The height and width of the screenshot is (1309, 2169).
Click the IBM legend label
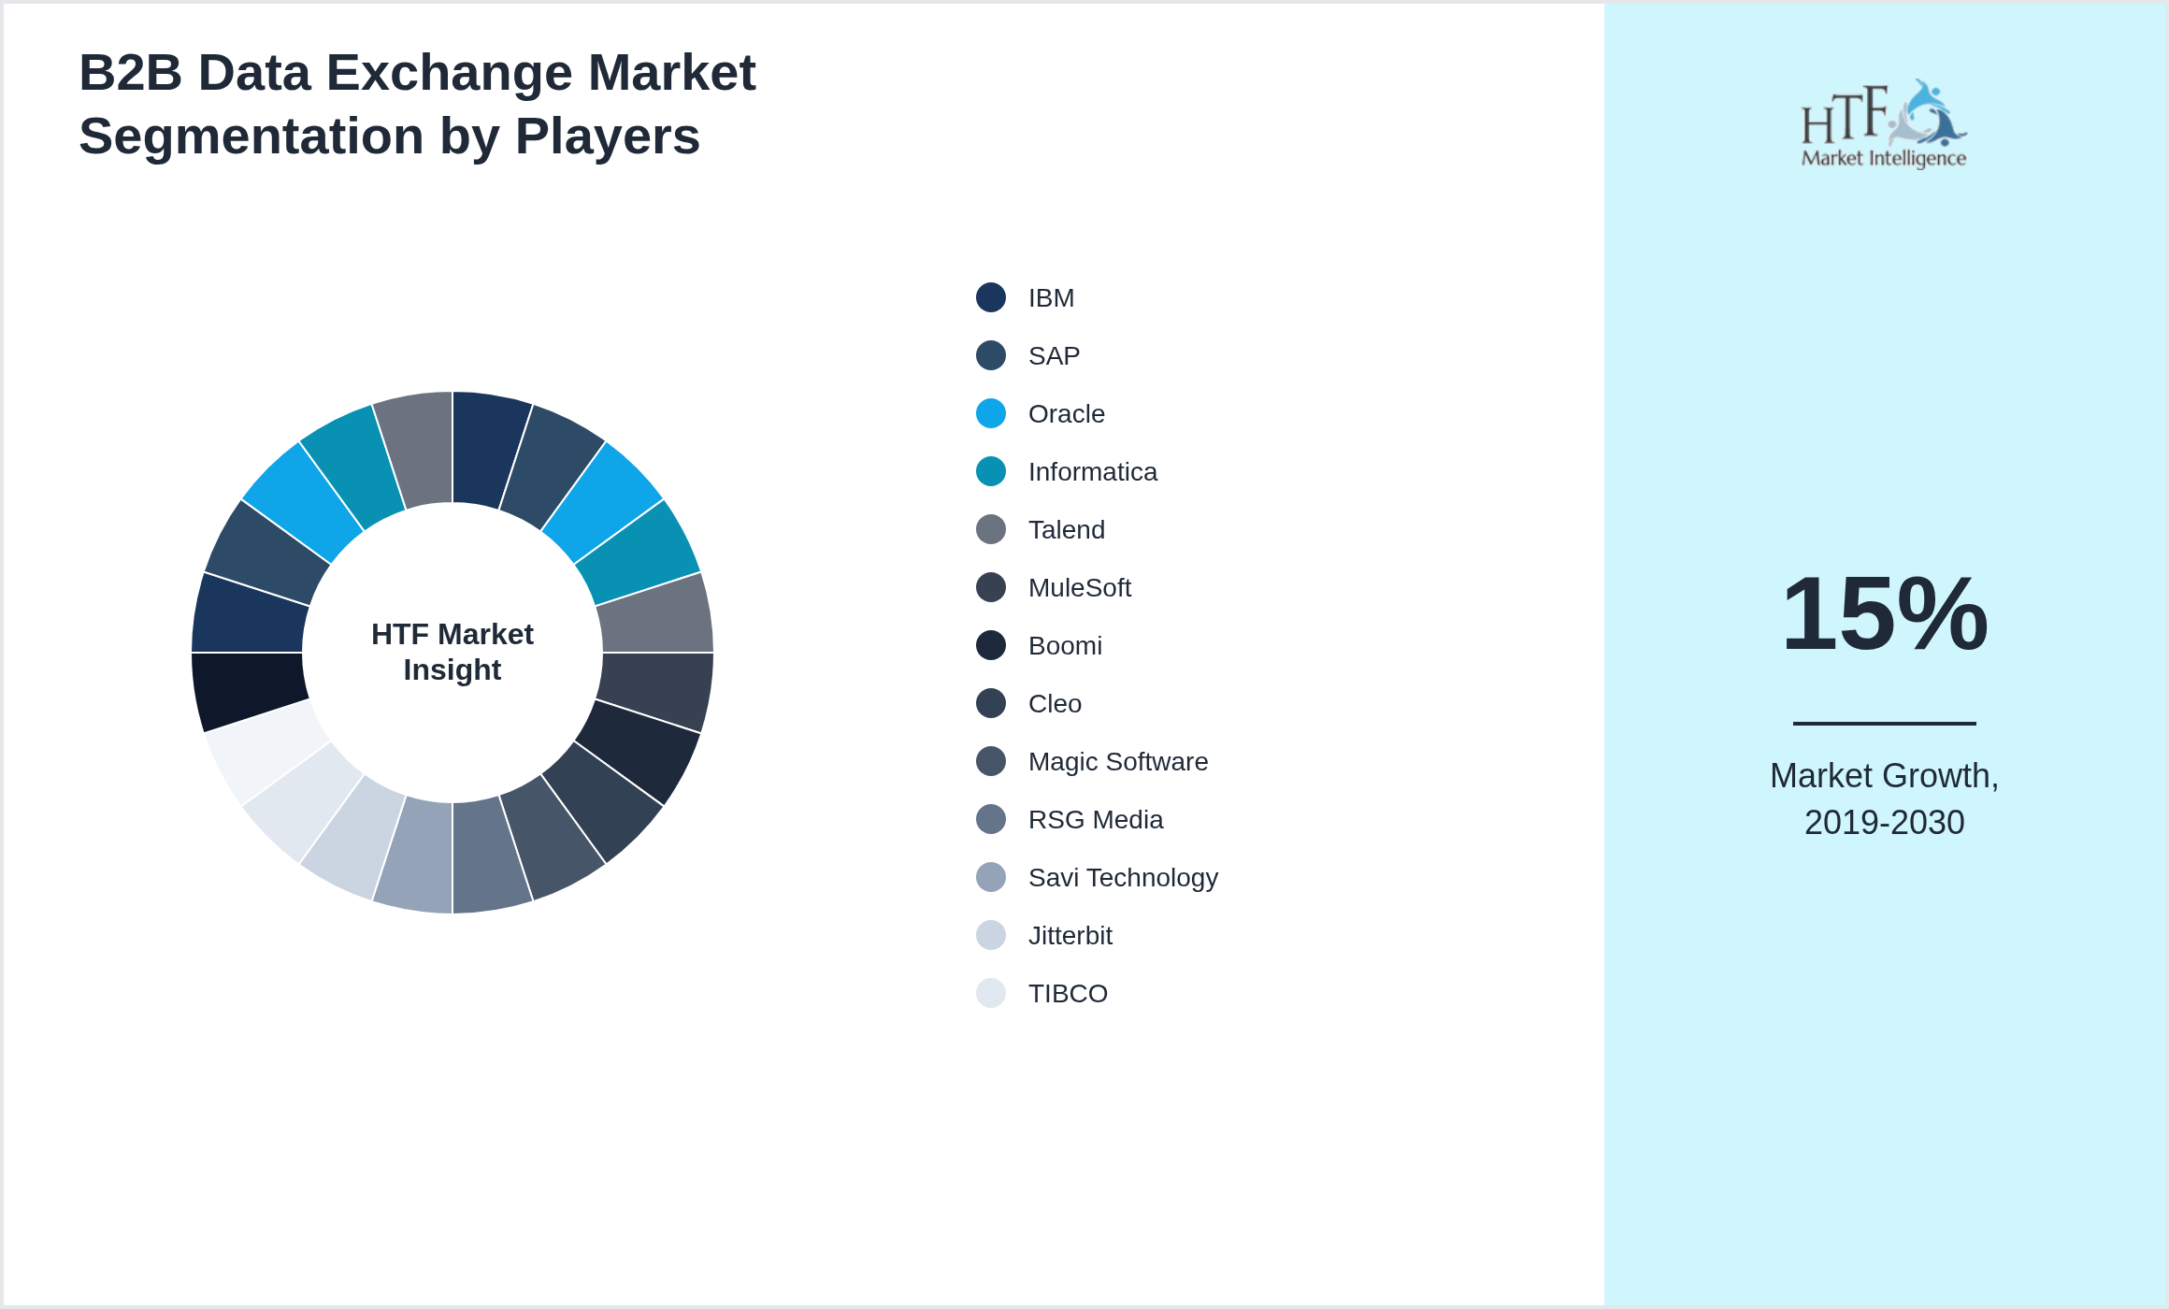tap(1051, 298)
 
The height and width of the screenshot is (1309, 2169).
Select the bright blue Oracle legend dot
tap(991, 413)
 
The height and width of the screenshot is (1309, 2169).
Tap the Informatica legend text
tap(1092, 472)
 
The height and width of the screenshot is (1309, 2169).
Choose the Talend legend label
tap(1066, 530)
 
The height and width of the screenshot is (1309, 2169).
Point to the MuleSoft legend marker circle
tap(991, 587)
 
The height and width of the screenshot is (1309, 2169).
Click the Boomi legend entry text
tap(1065, 646)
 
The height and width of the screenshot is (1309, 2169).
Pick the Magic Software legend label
tap(1117, 762)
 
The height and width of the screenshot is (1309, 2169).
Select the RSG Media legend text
tap(1095, 820)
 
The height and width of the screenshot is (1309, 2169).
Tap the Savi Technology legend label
tap(1122, 878)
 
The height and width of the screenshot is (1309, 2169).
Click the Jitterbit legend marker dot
tap(991, 935)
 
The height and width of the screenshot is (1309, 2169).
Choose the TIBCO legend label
tap(1068, 994)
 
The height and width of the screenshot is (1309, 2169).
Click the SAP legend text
tap(1054, 356)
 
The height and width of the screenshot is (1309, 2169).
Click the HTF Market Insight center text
tap(452, 652)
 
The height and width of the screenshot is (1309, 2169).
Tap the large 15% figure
tap(1884, 614)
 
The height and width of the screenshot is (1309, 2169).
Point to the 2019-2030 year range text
tap(1884, 823)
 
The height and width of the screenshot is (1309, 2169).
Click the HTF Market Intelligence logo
tap(1884, 124)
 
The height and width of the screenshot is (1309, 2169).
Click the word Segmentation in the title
tap(251, 137)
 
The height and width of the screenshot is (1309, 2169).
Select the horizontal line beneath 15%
tap(1884, 723)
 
